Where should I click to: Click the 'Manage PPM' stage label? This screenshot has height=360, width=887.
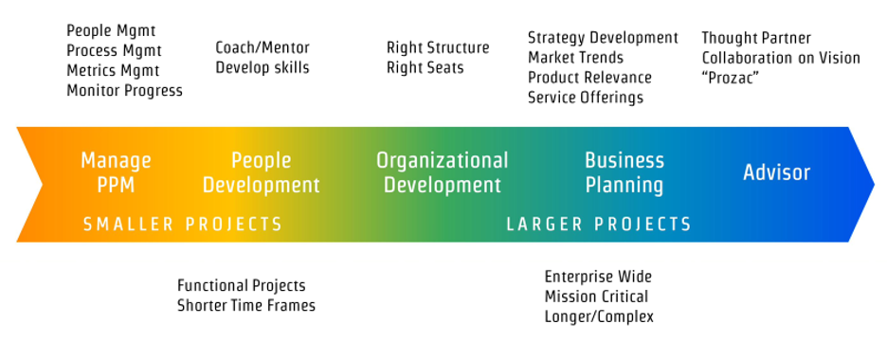116,172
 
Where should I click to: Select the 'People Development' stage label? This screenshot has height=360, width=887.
262,172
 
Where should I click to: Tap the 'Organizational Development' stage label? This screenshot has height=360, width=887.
442,172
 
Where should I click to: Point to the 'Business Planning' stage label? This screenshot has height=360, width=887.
624,172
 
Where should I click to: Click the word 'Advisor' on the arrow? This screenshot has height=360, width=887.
776,172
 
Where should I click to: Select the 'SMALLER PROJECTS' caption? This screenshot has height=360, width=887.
183,225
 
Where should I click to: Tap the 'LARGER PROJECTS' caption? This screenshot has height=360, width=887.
599,225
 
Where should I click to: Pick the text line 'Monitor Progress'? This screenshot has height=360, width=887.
124,91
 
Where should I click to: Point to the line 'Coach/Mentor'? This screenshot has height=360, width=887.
262,47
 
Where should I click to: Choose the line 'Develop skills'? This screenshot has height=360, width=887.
262,67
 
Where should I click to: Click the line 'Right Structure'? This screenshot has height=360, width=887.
438,47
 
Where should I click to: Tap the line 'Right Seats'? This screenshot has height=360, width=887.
425,67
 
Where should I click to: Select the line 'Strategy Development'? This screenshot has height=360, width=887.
603,38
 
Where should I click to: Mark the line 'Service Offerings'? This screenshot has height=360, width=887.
586,98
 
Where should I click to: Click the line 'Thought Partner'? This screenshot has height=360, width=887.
756,38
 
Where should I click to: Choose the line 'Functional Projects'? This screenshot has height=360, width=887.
242,285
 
